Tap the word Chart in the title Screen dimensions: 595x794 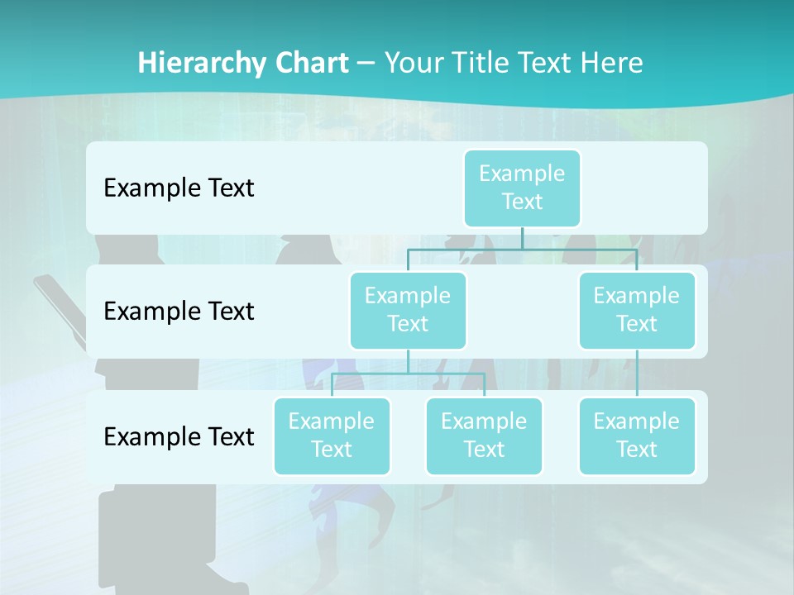[x=309, y=64]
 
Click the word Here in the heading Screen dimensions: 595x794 [x=611, y=64]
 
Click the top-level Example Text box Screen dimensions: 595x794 [x=522, y=188]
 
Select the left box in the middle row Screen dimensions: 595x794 [x=408, y=310]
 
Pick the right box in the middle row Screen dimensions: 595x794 [x=636, y=310]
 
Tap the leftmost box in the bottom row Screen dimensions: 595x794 [x=331, y=436]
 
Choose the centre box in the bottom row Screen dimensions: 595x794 [x=484, y=436]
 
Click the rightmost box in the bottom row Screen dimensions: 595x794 [x=636, y=436]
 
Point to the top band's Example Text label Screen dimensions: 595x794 [x=179, y=188]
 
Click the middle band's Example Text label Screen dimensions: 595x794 [x=179, y=312]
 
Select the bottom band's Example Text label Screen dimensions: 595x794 [x=179, y=436]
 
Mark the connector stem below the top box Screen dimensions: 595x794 [x=522, y=238]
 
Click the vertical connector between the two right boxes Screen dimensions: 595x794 [x=637, y=374]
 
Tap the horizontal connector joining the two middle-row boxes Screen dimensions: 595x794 [x=522, y=249]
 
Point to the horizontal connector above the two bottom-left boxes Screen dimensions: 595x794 [x=408, y=374]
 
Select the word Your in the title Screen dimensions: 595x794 [x=412, y=64]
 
